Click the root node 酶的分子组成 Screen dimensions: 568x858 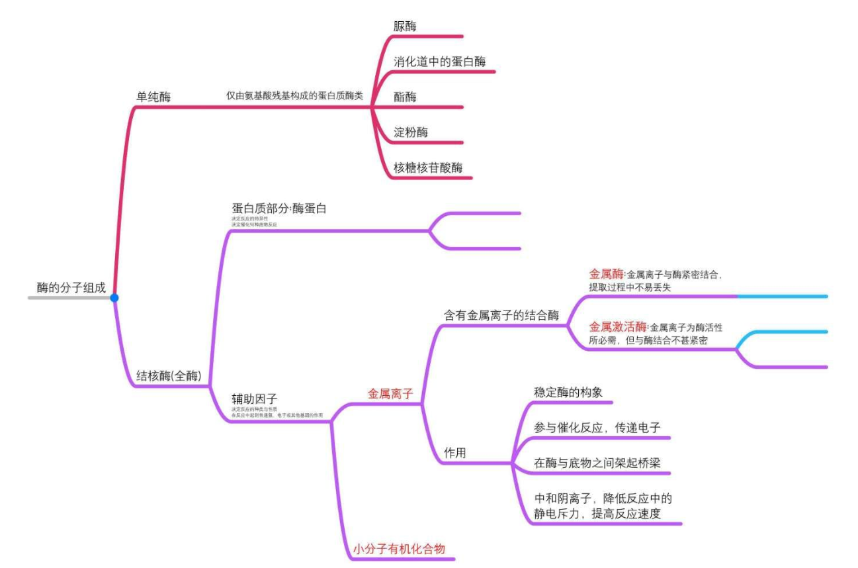point(71,287)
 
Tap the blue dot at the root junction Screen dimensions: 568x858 point(114,298)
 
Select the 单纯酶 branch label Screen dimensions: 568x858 point(153,97)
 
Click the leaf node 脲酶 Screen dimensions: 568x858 point(404,26)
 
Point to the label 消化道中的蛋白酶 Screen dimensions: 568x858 point(439,62)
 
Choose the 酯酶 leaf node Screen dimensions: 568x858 point(404,97)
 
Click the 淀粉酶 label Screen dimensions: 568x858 point(410,132)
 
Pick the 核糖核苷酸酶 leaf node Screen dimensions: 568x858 point(427,167)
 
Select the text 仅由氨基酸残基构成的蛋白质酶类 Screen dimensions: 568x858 point(294,96)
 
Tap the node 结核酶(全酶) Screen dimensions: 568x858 point(173,375)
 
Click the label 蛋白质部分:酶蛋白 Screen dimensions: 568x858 point(279,208)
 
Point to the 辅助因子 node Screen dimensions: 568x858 point(254,398)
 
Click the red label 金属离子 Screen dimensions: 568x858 point(390,393)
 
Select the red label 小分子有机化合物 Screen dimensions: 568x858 point(399,548)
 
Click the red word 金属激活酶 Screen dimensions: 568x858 point(617,326)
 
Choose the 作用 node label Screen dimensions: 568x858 point(454,453)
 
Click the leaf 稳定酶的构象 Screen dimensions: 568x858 point(568,392)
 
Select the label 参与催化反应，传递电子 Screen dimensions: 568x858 point(597,427)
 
